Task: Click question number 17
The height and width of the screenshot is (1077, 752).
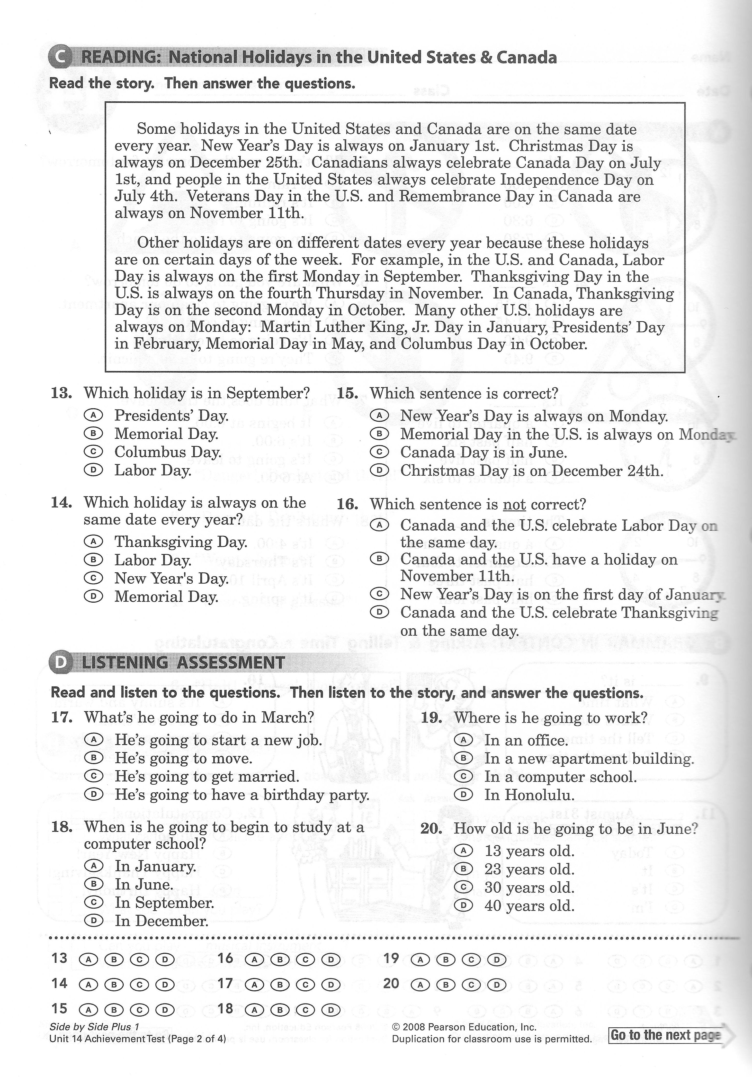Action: [x=61, y=717]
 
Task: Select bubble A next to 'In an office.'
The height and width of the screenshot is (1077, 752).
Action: [x=463, y=740]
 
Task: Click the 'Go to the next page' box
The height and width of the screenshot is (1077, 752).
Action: [x=665, y=1035]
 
